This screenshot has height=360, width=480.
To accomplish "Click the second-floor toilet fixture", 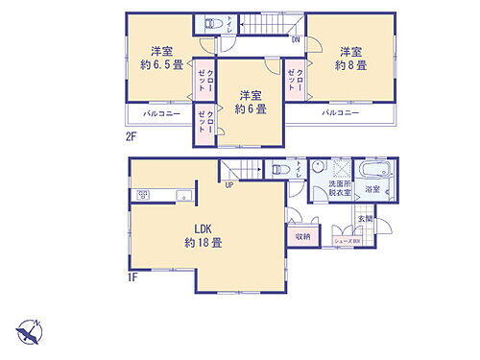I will (215, 24).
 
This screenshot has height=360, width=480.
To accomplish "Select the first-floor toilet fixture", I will (279, 170).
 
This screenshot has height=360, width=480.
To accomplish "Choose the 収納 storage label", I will (301, 234).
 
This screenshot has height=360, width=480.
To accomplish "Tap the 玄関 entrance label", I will (366, 220).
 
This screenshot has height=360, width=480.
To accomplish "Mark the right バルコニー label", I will (341, 112).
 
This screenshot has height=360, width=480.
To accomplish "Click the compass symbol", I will (30, 332).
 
